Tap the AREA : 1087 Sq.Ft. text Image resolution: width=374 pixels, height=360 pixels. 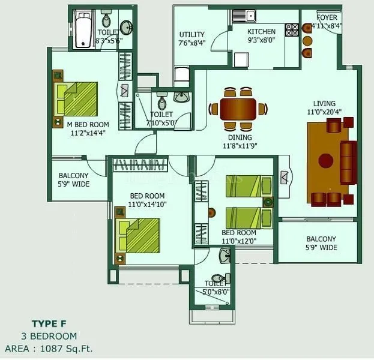pyautogui.click(x=49, y=347)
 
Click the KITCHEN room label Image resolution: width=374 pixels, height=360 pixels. pyautogui.click(x=261, y=32)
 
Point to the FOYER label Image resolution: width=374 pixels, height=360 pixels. pyautogui.click(x=327, y=18)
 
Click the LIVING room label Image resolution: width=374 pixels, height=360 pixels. pyautogui.click(x=324, y=103)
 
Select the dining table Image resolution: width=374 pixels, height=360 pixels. pyautogui.click(x=238, y=109)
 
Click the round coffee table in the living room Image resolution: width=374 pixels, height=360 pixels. pyautogui.click(x=325, y=161)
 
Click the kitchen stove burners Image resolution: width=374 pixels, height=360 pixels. pyautogui.click(x=292, y=28)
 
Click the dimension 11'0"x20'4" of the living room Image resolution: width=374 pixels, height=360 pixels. pyautogui.click(x=324, y=112)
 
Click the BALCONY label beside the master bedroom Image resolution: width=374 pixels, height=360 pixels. pyautogui.click(x=74, y=176)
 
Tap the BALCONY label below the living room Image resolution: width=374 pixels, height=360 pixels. pyautogui.click(x=319, y=239)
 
